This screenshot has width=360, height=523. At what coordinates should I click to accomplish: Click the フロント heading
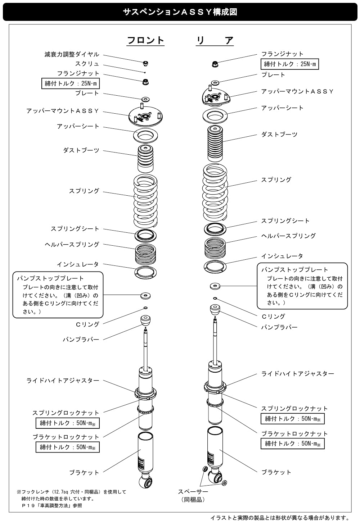coord(145,40)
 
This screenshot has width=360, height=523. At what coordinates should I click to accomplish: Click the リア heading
coord(215,40)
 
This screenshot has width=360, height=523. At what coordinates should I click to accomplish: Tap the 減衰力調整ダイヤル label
coord(72,54)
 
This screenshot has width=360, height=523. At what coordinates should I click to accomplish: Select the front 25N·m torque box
coord(71,84)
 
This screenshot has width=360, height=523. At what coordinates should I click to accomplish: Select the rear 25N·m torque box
coord(289,64)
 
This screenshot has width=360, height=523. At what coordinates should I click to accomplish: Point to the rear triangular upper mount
coord(215,96)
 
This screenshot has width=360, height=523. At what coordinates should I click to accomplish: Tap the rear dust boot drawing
coord(215,144)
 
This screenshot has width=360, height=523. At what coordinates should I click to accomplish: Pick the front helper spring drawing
coord(145,254)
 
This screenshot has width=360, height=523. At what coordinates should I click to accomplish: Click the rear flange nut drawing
coord(215,64)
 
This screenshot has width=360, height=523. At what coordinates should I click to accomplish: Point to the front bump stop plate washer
coord(145,296)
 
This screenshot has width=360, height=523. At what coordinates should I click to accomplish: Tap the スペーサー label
coord(193,491)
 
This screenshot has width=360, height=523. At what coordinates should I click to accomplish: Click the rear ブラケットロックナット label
coord(294,433)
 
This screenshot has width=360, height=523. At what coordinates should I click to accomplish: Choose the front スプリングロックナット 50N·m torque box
coord(67,423)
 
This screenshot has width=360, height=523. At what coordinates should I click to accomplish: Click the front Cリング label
coord(87,324)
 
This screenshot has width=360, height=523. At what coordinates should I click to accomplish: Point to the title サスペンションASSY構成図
coord(180,12)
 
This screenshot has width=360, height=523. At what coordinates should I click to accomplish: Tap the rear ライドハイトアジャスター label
coord(297,374)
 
